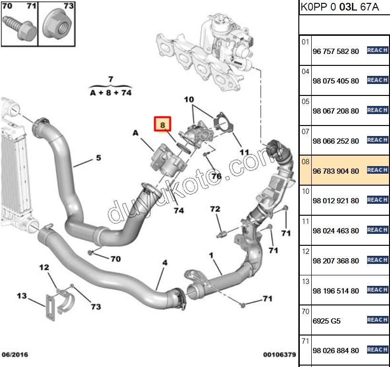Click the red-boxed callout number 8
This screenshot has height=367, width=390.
tap(162, 125)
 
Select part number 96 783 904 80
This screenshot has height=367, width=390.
tap(335, 171)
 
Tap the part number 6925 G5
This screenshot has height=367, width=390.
tap(327, 321)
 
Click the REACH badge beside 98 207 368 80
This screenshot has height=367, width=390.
tap(377, 260)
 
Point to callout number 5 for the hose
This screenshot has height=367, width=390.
tap(98, 157)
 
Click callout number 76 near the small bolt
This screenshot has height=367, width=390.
tap(216, 177)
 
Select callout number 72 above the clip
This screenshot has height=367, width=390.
tap(215, 209)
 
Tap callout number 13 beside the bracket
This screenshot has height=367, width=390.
tap(22, 296)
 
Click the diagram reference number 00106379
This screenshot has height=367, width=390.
tap(280, 355)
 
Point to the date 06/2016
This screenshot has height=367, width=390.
tap(15, 355)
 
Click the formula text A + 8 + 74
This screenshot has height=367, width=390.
tap(110, 93)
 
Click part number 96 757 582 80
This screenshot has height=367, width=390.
tap(335, 51)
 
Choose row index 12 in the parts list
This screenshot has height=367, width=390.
tap(306, 251)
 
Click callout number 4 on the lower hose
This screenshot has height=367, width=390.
tap(165, 262)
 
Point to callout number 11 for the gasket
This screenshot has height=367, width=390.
tap(244, 152)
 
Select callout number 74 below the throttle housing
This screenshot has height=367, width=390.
tap(179, 210)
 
